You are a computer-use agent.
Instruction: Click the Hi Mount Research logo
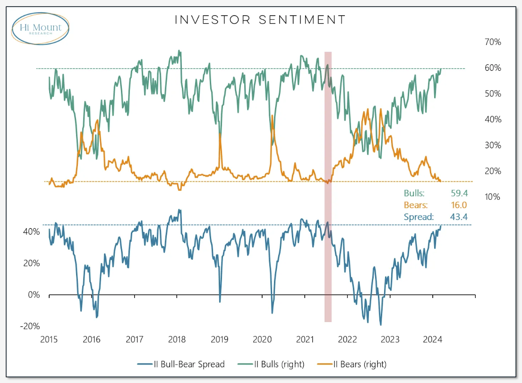pyautogui.click(x=41, y=28)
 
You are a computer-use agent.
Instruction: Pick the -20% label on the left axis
pyautogui.click(x=30, y=326)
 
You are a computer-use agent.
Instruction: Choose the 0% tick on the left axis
pyautogui.click(x=34, y=295)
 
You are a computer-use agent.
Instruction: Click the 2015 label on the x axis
pyautogui.click(x=49, y=339)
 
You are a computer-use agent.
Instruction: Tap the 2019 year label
pyautogui.click(x=220, y=339)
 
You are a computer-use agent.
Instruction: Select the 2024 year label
pyautogui.click(x=433, y=339)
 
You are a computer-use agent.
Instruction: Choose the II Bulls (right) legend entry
pyautogui.click(x=276, y=364)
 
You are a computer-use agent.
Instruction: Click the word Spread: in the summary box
pyautogui.click(x=419, y=217)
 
